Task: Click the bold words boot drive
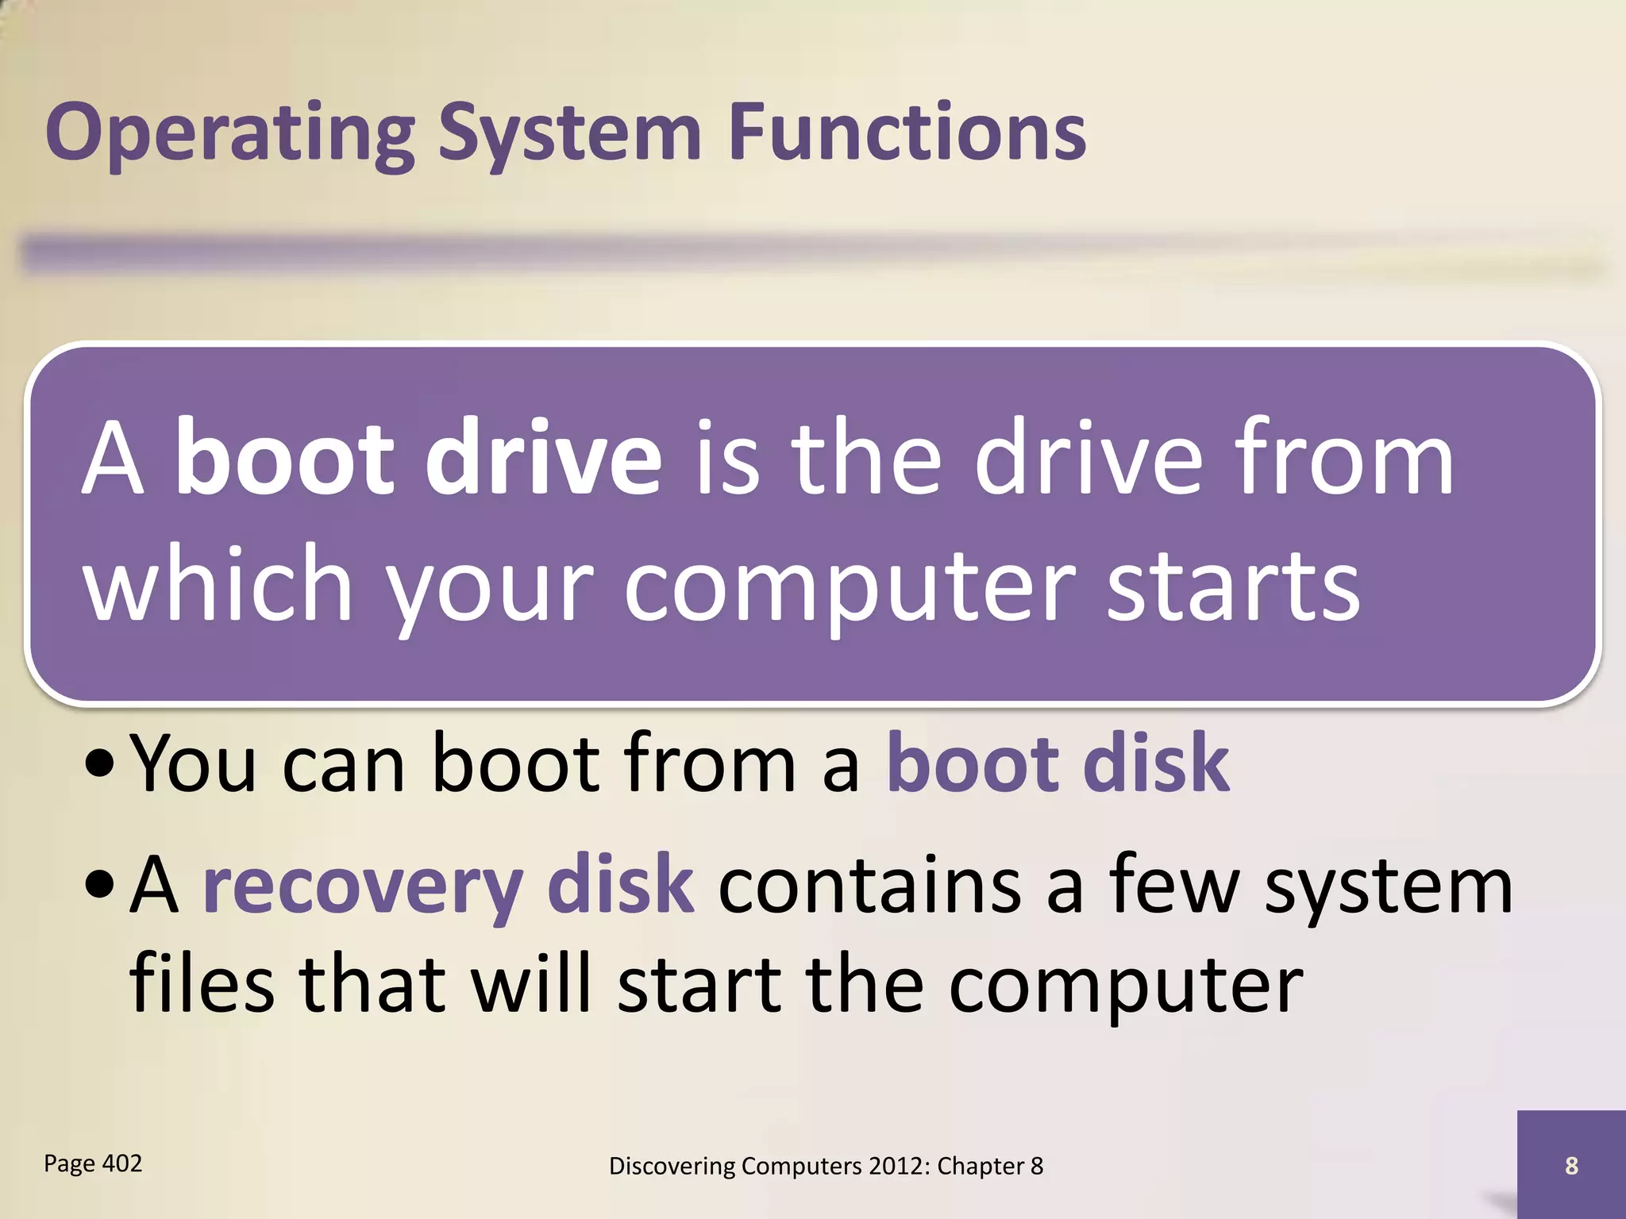pyautogui.click(x=418, y=460)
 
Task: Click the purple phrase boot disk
pyautogui.click(x=1058, y=763)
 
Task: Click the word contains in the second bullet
pyautogui.click(x=869, y=886)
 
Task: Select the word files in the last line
pyautogui.click(x=202, y=984)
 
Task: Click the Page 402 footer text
pyautogui.click(x=93, y=1163)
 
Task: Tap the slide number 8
pyautogui.click(x=1571, y=1166)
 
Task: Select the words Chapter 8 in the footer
pyautogui.click(x=989, y=1166)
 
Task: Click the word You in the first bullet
pyautogui.click(x=193, y=763)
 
